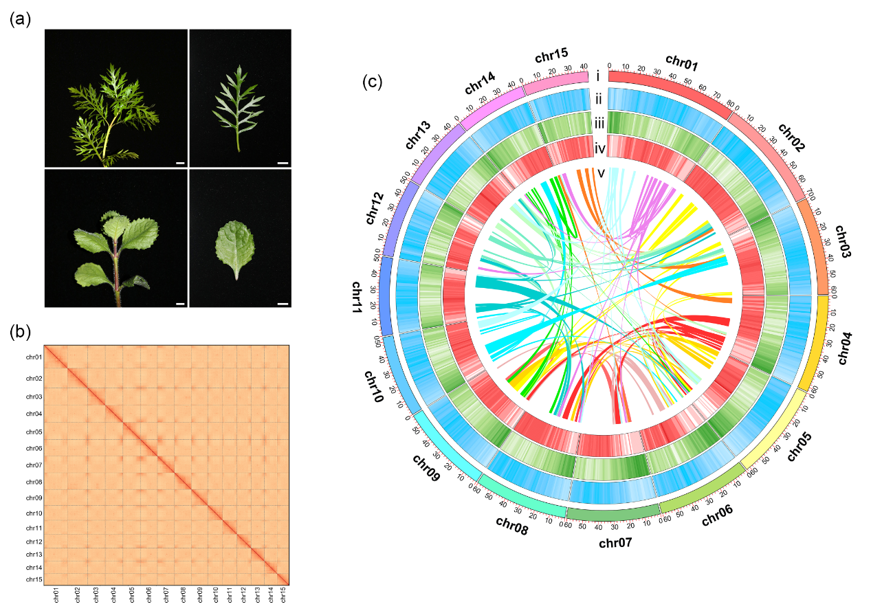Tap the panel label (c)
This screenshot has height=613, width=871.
372,82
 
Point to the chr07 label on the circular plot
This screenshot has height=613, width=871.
615,544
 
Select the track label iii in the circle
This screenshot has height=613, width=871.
599,124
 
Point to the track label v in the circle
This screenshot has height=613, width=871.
601,172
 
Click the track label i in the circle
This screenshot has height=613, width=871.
599,76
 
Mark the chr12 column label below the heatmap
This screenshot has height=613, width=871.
243,594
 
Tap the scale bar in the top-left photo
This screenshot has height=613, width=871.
179,164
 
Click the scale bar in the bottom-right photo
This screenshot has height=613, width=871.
282,302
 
